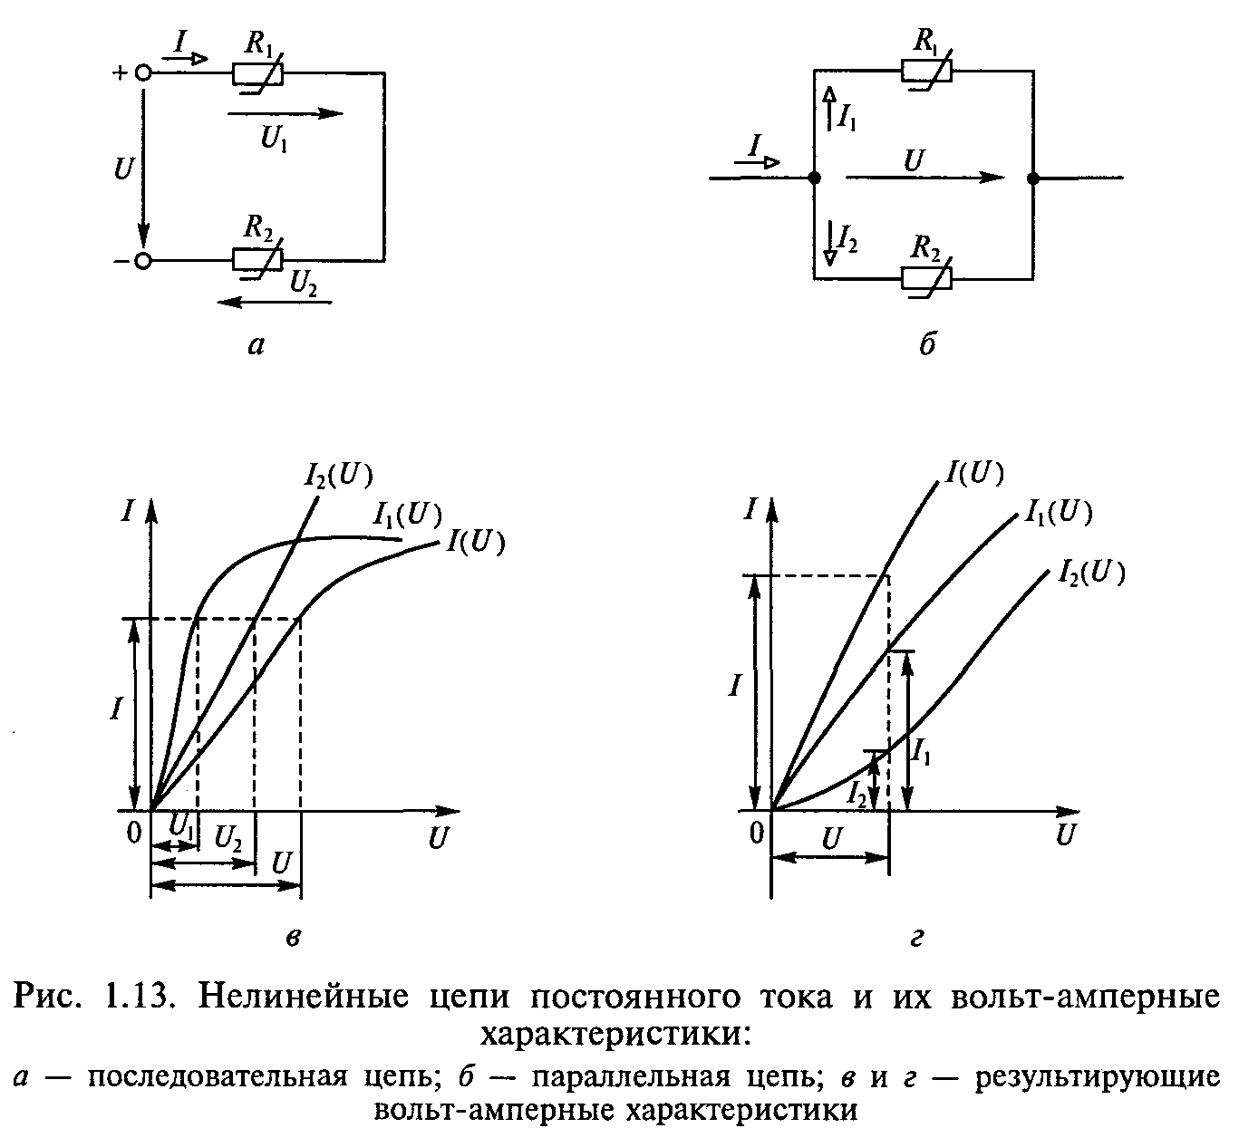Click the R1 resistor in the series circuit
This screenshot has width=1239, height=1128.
(258, 73)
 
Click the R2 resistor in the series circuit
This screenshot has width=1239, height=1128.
(258, 260)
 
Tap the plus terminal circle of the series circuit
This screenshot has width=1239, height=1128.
(142, 74)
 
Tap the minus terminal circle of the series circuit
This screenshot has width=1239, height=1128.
(142, 261)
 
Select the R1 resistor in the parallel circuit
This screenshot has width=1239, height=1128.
(926, 71)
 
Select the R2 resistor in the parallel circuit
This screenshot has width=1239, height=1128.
(926, 278)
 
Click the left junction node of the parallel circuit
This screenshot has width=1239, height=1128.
(814, 178)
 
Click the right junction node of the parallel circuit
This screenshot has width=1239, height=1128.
(1032, 178)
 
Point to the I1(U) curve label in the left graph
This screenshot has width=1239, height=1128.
(405, 516)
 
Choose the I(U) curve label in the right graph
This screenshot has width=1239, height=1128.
(974, 474)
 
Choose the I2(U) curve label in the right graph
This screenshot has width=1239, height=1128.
(1090, 574)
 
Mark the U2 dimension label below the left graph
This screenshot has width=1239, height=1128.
(227, 838)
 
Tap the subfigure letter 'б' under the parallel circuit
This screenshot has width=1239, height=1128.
(925, 345)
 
